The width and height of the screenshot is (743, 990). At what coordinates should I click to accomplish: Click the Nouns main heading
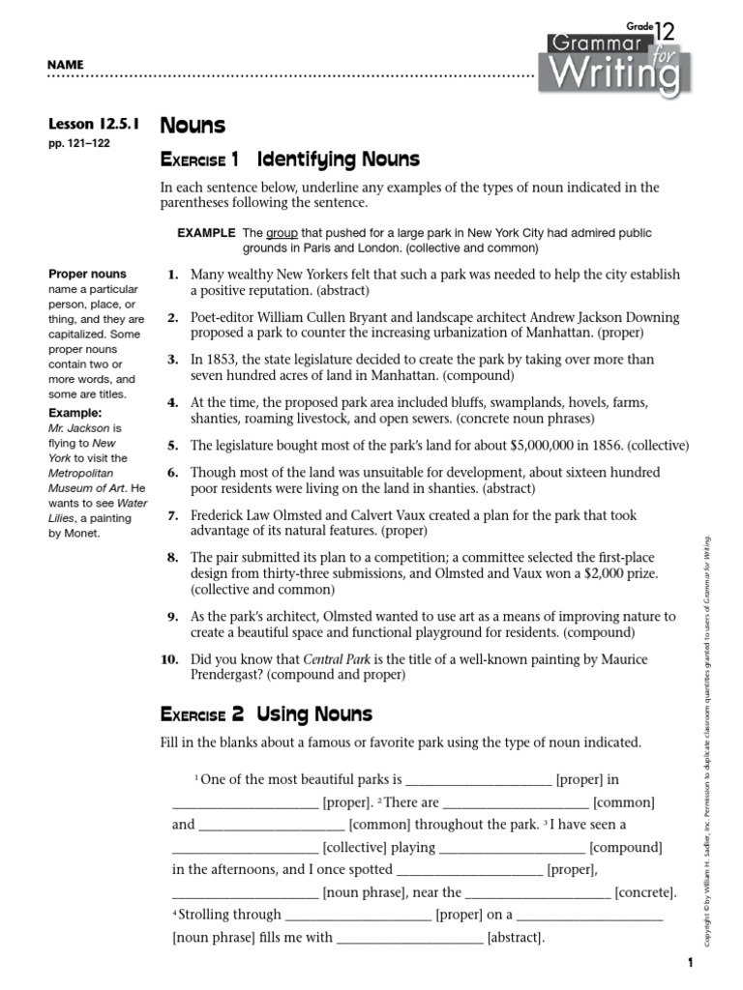193,126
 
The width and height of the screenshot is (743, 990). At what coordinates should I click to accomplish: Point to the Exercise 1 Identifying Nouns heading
289,159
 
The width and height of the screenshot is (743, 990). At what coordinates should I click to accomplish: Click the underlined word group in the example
281,233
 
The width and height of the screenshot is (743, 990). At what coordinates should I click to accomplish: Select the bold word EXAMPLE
206,233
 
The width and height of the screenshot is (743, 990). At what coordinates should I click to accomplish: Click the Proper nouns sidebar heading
87,275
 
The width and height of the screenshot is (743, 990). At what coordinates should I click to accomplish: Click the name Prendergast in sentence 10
233,675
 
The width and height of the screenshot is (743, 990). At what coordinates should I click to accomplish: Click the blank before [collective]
245,848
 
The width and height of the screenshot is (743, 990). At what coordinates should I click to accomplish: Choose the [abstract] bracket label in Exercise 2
516,937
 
